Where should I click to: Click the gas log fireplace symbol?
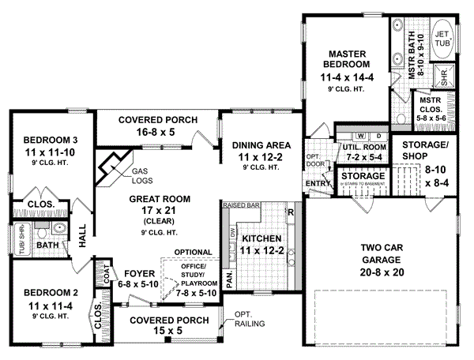(110, 162)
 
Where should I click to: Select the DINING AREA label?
(261, 145)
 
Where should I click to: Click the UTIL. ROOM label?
(364, 147)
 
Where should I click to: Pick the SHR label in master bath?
(443, 77)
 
